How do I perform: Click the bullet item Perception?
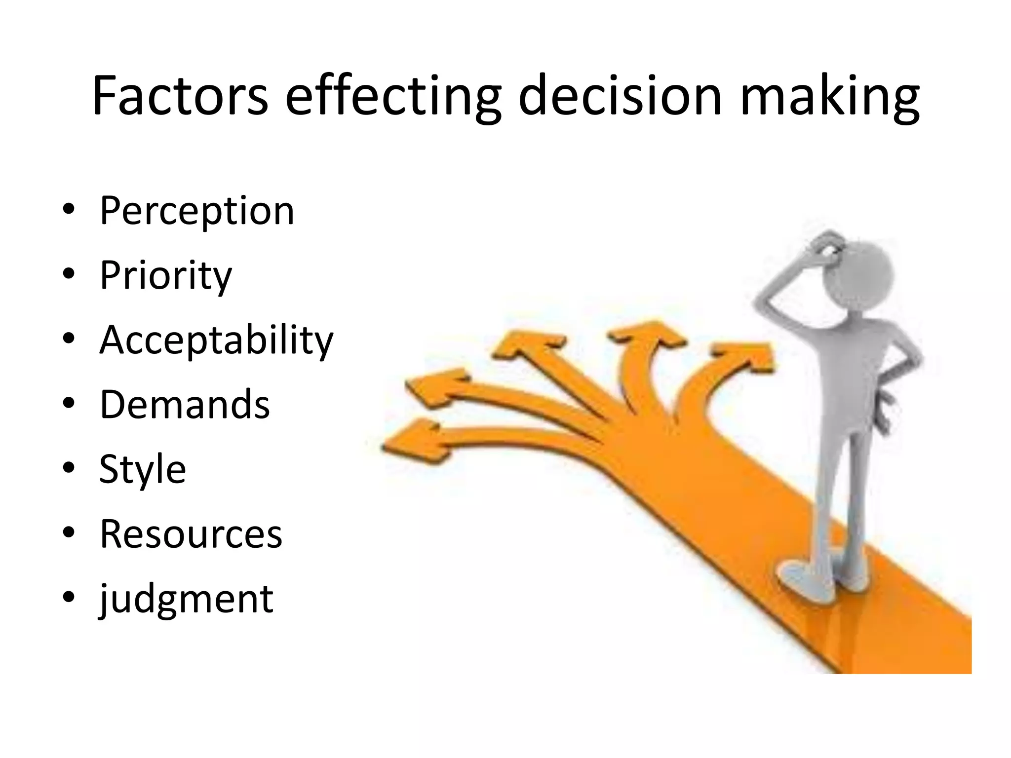(197, 211)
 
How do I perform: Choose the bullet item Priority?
(165, 275)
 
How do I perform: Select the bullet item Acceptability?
(216, 340)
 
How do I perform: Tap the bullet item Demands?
(185, 405)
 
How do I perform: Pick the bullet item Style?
(143, 469)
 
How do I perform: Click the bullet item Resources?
(191, 534)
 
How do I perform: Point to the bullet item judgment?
(186, 599)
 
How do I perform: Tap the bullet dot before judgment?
(69, 597)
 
